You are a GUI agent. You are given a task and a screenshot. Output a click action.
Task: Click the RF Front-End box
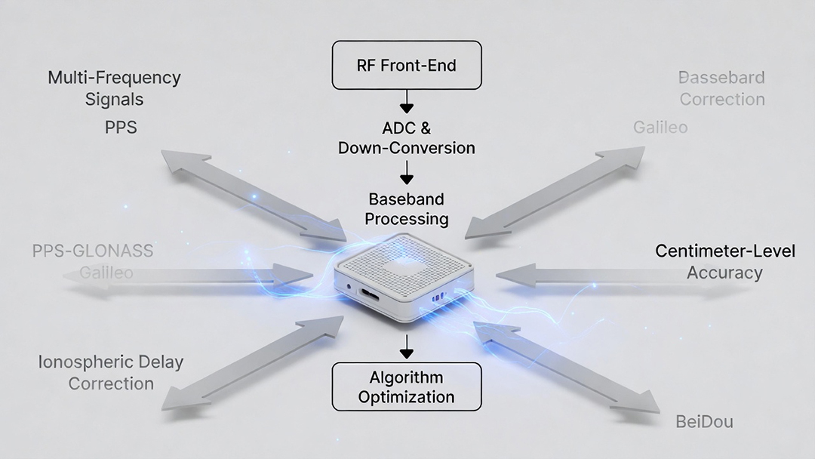406,65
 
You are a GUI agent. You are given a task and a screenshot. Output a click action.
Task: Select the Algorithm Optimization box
406,387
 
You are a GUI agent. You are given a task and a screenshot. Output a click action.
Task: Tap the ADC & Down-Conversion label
406,137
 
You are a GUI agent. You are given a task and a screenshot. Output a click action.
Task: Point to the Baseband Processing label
407,209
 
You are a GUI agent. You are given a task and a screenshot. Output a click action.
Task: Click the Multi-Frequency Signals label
115,88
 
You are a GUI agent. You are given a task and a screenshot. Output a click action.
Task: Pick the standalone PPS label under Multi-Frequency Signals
121,127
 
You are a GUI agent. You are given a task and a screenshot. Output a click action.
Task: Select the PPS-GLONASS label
93,251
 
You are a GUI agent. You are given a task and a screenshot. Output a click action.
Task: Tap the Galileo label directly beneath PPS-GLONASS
106,273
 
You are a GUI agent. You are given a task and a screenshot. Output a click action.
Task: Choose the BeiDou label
704,421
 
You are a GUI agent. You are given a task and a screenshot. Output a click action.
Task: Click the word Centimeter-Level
724,251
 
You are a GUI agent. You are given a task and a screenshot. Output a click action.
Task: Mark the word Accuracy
724,273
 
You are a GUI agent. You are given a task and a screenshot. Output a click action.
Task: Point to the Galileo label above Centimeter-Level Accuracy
660,127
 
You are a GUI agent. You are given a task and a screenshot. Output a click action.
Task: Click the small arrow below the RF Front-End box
407,100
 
